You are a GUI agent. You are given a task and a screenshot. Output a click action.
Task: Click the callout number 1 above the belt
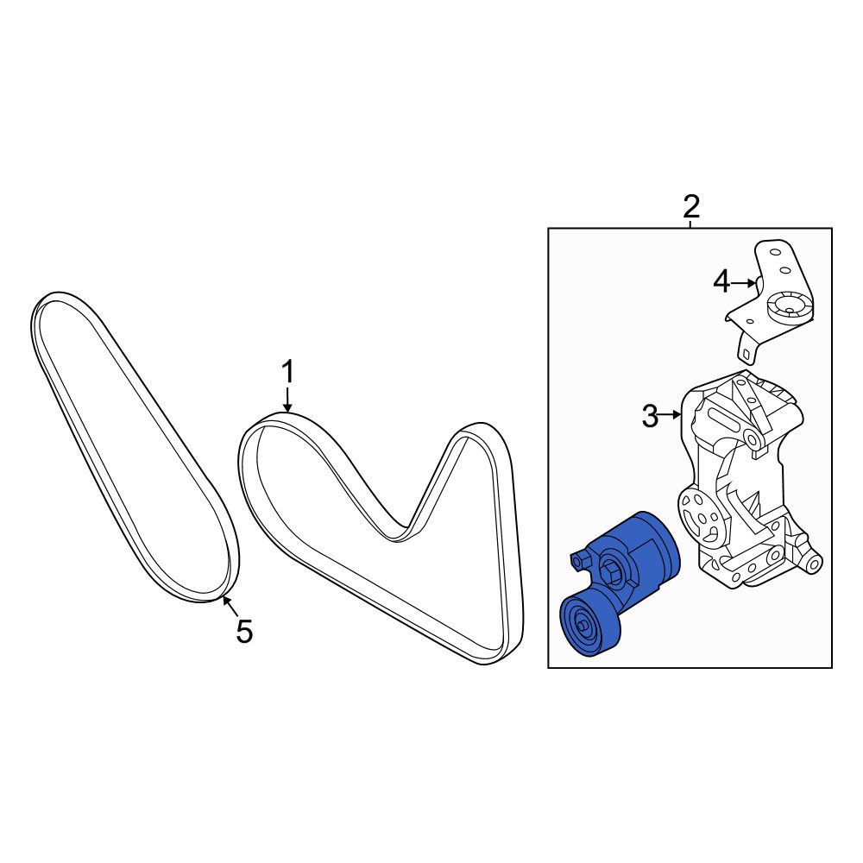point(288,372)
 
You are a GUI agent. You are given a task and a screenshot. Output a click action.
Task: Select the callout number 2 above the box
point(691,207)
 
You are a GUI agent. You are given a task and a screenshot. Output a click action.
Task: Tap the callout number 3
point(650,416)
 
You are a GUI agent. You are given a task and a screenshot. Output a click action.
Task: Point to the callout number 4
point(721,283)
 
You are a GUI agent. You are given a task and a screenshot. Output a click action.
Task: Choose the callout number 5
point(244,632)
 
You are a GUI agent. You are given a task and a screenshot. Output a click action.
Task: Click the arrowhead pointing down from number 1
point(287,407)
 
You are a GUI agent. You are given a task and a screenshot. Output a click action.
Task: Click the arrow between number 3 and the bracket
point(671,415)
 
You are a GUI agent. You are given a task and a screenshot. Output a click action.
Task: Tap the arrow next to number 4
point(744,283)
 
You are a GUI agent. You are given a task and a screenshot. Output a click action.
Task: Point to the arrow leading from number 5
point(230,606)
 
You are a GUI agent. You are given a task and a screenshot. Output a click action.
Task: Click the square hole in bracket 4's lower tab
point(746,355)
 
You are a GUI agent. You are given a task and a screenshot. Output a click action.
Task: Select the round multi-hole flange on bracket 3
point(700,516)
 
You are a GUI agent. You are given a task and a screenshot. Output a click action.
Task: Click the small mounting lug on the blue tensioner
point(579,561)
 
